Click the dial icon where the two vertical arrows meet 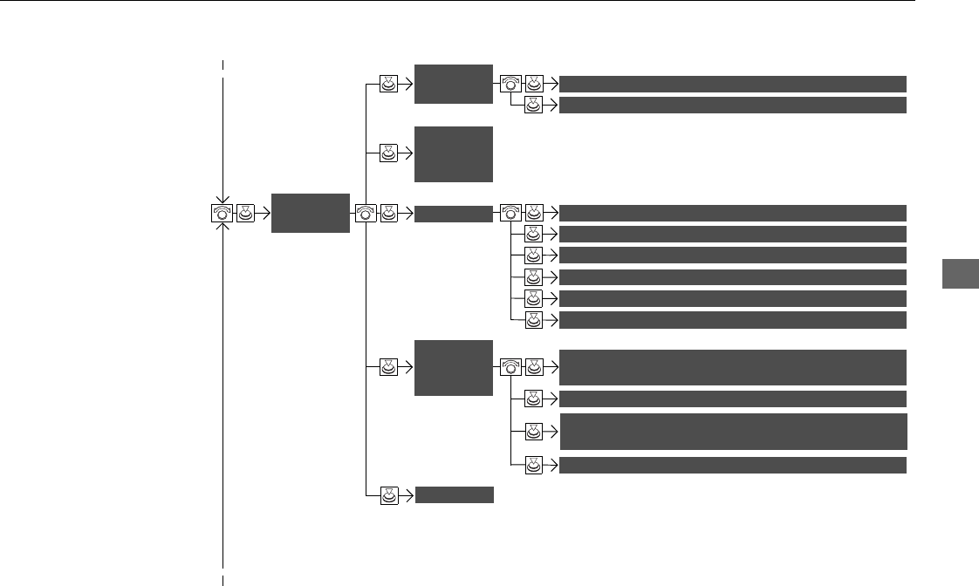pyautogui.click(x=222, y=213)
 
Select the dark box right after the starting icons pyautogui.click(x=310, y=213)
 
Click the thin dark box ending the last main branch pyautogui.click(x=454, y=495)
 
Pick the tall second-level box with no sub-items pyautogui.click(x=454, y=154)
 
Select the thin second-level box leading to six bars pyautogui.click(x=454, y=213)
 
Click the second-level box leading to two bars pyautogui.click(x=454, y=84)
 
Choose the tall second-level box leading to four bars pyautogui.click(x=454, y=368)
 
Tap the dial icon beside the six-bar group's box pyautogui.click(x=511, y=213)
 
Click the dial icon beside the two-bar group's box pyautogui.click(x=511, y=84)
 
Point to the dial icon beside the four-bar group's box pyautogui.click(x=511, y=368)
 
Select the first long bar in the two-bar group pyautogui.click(x=732, y=84)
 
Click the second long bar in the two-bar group pyautogui.click(x=732, y=106)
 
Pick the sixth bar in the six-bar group pyautogui.click(x=732, y=320)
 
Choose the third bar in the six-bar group pyautogui.click(x=732, y=256)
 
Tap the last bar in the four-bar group pyautogui.click(x=732, y=465)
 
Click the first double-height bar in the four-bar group pyautogui.click(x=732, y=367)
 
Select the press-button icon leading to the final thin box pyautogui.click(x=389, y=495)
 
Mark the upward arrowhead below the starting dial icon pyautogui.click(x=223, y=228)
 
